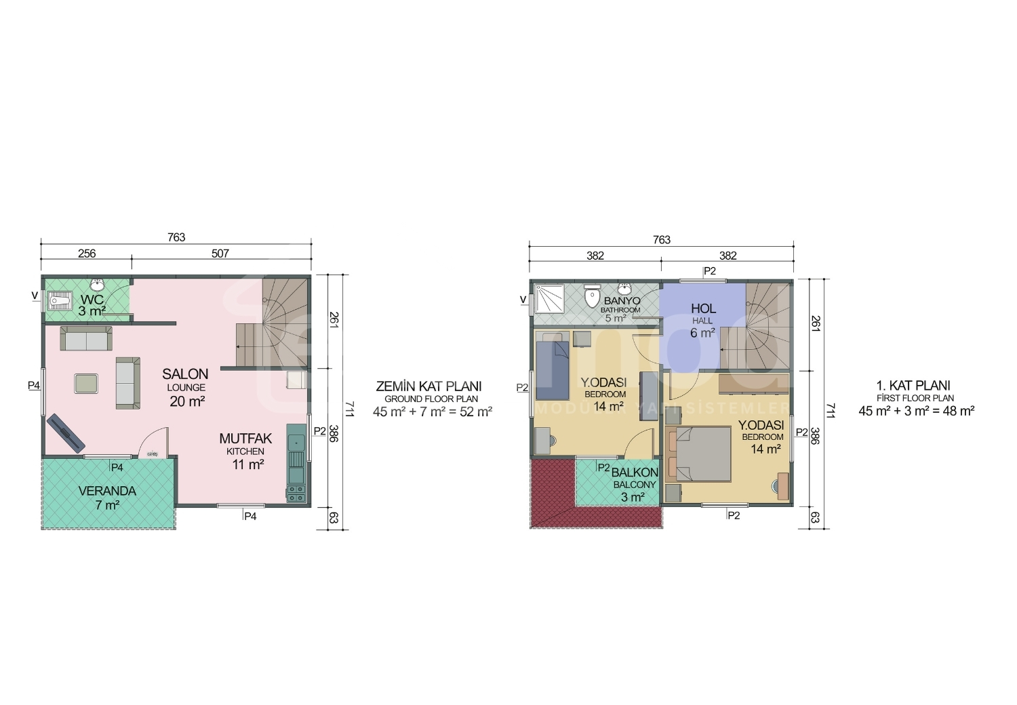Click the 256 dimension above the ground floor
click(x=87, y=254)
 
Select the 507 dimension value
click(x=220, y=254)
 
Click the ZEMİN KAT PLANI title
click(x=428, y=386)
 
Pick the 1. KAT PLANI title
click(x=913, y=386)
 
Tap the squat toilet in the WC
click(x=60, y=302)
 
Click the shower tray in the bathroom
click(x=549, y=299)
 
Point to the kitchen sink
click(x=296, y=440)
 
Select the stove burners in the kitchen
click(x=296, y=493)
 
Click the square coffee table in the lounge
click(x=86, y=389)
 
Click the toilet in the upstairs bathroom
click(x=592, y=298)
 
